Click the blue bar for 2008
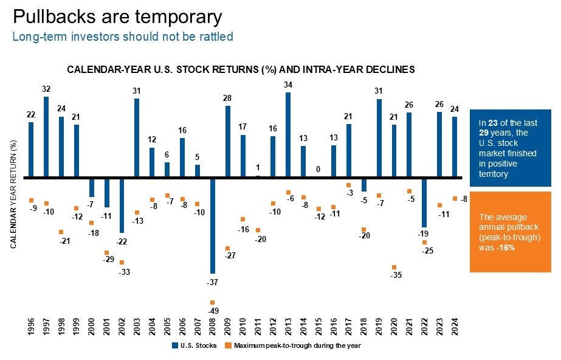click(212, 226)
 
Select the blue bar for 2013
click(288, 135)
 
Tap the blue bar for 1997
click(46, 137)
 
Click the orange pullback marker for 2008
click(212, 303)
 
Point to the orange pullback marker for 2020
click(394, 267)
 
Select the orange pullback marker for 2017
click(349, 185)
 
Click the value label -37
click(212, 283)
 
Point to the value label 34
click(288, 85)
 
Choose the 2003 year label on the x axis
click(137, 328)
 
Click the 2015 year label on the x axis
click(318, 328)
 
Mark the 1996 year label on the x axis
click(31, 328)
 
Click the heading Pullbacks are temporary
click(117, 16)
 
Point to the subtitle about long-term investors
click(123, 36)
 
